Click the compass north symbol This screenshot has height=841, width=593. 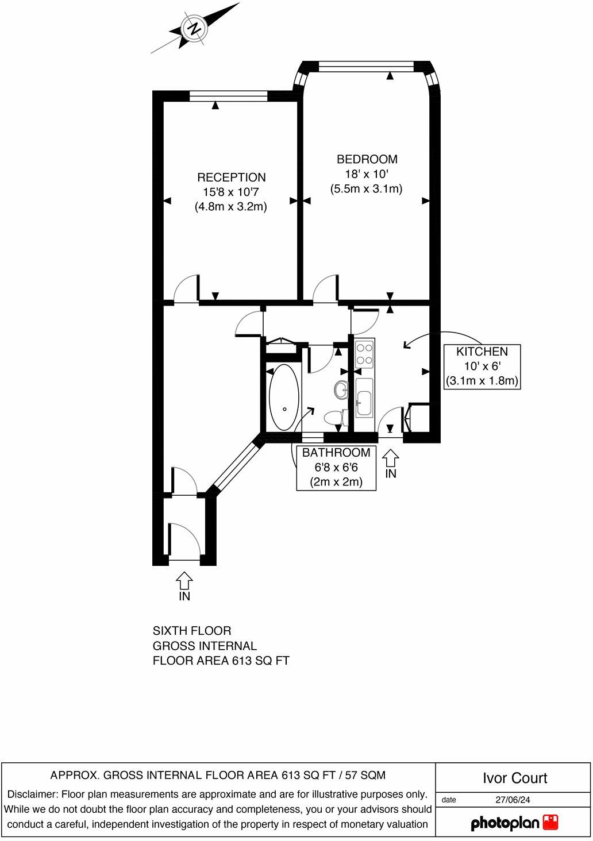pos(194,28)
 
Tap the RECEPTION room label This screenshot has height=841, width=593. pos(231,178)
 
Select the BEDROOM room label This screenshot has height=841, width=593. pos(367,159)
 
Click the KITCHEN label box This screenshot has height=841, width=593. pos(482,366)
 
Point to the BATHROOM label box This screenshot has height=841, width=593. pos(336,468)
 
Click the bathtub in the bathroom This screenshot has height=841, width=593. pos(284,397)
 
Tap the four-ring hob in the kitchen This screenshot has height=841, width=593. pos(364,354)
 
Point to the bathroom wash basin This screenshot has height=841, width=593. pos(341,390)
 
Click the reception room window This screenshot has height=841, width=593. pos(228,97)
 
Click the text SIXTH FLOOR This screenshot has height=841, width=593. pos(192,631)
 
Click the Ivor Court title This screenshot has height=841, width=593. pos(514,778)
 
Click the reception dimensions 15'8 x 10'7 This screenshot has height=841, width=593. pos(231,192)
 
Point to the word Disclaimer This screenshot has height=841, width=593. pos(32,794)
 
